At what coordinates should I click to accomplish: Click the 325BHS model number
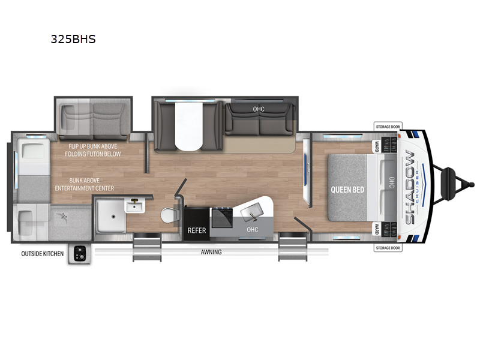pos(73,39)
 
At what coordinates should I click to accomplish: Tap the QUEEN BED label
pos(347,190)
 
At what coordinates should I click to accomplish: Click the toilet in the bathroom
pos(169,215)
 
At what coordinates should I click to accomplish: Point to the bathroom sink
pos(134,205)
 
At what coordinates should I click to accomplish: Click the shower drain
pos(113,217)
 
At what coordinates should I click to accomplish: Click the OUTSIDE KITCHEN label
pos(42,254)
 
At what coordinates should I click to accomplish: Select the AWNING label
pos(211,252)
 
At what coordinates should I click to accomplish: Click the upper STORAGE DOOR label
pos(388,127)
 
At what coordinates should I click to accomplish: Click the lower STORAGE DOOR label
pos(388,248)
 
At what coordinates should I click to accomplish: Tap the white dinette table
pos(189,126)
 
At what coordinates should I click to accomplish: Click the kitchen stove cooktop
pos(223,217)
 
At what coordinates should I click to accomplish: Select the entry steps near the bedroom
pos(293,247)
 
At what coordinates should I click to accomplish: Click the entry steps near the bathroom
pos(147,247)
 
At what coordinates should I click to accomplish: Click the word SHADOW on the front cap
pos(410,187)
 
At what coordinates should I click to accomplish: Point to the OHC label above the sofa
pos(259,109)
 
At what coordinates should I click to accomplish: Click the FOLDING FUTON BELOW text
pos(93,154)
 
